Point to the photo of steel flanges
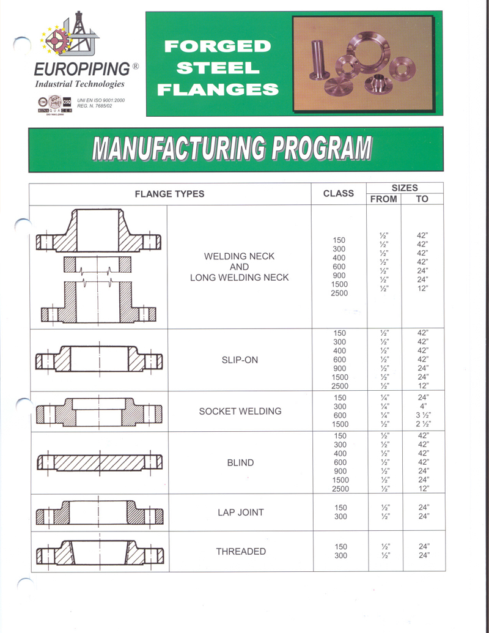click(x=363, y=63)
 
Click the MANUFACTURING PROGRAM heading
click(x=232, y=149)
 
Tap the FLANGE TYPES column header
click(x=169, y=194)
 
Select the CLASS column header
click(x=338, y=193)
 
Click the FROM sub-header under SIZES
click(x=383, y=199)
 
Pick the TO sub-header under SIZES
click(x=422, y=199)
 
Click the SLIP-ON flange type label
click(x=240, y=360)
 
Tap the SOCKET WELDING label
click(x=240, y=411)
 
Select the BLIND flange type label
click(x=240, y=463)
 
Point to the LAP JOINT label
click(x=240, y=513)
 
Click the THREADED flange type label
click(x=241, y=552)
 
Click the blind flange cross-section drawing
click(x=100, y=463)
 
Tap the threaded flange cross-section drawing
click(x=100, y=552)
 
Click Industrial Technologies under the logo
click(x=80, y=84)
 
